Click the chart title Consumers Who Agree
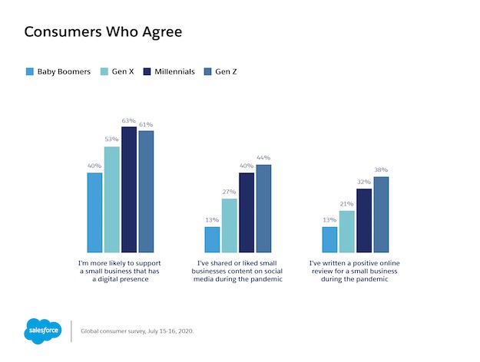point(103,32)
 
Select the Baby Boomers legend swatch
point(30,72)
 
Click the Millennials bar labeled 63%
point(129,189)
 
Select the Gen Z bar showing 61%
point(146,192)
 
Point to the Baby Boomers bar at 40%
point(95,212)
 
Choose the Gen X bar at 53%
point(112,199)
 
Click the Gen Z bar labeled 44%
point(263,209)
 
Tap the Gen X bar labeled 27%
point(230,225)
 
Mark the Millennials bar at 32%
point(364,221)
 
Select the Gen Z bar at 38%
point(381,215)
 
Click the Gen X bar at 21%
point(347,232)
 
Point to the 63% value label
point(129,120)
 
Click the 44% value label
point(263,159)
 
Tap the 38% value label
point(381,170)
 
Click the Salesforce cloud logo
point(44,331)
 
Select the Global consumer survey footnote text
point(137,331)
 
